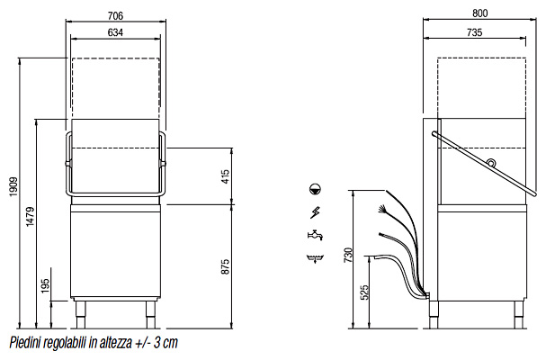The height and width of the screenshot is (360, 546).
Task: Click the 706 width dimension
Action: pos(115,15)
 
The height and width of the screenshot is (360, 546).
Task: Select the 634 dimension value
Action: pos(115,32)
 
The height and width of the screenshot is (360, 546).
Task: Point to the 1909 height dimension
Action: pos(13,187)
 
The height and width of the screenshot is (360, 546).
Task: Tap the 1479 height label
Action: pos(31,217)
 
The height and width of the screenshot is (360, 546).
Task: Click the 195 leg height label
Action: pos(46,286)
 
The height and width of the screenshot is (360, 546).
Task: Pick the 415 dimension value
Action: pos(226,176)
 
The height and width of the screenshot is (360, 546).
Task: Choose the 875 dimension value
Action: pos(226,266)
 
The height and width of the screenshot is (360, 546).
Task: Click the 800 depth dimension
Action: pos(479,13)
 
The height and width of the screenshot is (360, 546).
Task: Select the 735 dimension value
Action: pos(474,32)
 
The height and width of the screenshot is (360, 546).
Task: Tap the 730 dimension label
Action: pos(348,255)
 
